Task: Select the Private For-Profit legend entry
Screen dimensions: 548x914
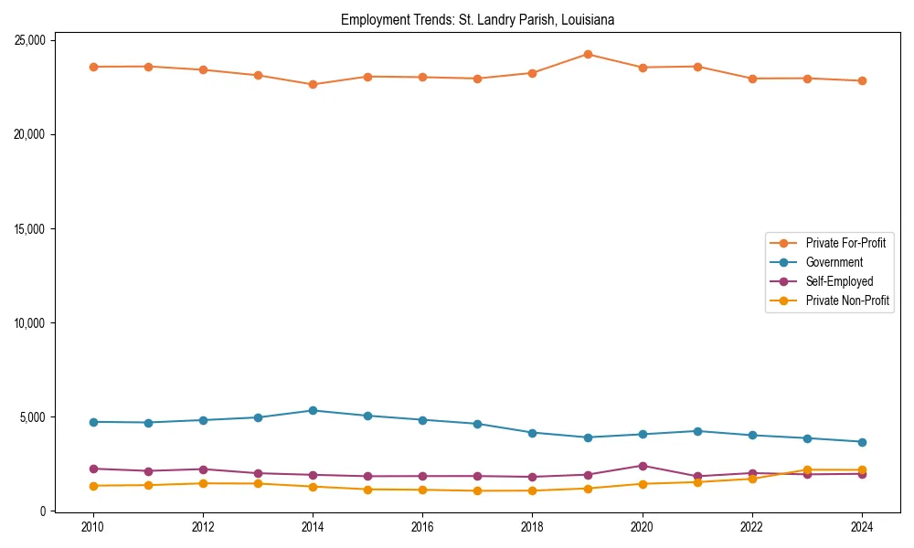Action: (845, 243)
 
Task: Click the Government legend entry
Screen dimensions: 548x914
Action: (834, 262)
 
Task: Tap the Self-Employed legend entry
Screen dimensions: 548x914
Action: (839, 281)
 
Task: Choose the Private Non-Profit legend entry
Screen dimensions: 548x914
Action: (847, 300)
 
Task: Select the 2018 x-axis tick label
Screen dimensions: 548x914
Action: (532, 526)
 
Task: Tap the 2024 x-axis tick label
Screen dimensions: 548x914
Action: (862, 526)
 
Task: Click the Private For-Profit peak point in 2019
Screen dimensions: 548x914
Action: (588, 54)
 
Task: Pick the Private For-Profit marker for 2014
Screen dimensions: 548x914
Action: (313, 84)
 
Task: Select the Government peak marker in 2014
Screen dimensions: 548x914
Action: (313, 410)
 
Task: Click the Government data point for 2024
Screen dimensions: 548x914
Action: (862, 442)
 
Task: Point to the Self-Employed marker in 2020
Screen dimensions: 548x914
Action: (643, 466)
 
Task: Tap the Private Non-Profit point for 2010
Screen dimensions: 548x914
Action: (92, 486)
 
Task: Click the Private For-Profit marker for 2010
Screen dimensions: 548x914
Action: (92, 67)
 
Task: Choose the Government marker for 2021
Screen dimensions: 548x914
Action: (697, 431)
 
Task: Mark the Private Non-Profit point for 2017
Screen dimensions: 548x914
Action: (477, 490)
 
